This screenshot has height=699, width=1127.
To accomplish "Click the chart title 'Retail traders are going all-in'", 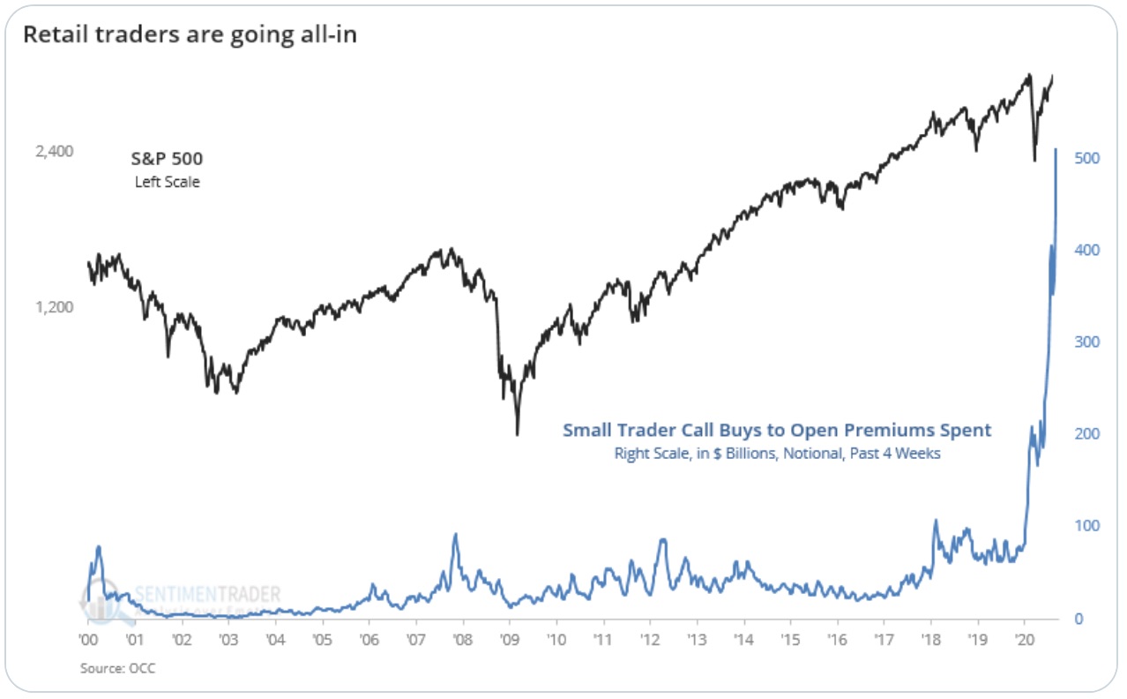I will (190, 34).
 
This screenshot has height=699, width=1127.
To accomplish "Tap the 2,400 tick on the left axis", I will (55, 152).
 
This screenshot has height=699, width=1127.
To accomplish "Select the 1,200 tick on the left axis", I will (55, 307).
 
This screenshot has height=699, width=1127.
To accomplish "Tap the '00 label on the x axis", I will (88, 638).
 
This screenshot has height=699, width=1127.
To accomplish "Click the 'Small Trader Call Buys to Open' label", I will (777, 431).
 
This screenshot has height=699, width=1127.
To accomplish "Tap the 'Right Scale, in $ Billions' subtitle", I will (777, 454).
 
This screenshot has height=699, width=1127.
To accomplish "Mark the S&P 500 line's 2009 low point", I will (518, 434).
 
